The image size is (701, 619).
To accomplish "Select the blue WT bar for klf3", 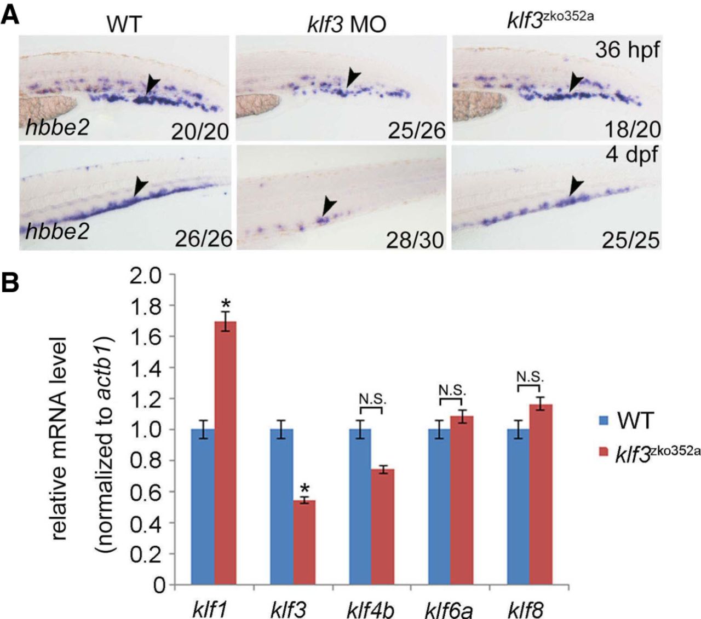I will (281, 507).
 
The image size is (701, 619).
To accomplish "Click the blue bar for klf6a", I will (439, 507).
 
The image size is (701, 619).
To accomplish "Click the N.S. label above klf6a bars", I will (452, 390).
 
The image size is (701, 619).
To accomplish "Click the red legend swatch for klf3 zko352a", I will (604, 452).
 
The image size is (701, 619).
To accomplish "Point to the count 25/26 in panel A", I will (417, 130).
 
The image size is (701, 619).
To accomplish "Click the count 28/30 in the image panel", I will (415, 240).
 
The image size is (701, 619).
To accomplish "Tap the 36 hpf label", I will (628, 50).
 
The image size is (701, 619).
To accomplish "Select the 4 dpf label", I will (631, 155).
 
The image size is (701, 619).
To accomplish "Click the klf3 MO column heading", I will (346, 24).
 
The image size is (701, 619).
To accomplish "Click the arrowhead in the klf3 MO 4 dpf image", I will (329, 206).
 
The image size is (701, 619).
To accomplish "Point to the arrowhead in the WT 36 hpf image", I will (153, 84).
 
